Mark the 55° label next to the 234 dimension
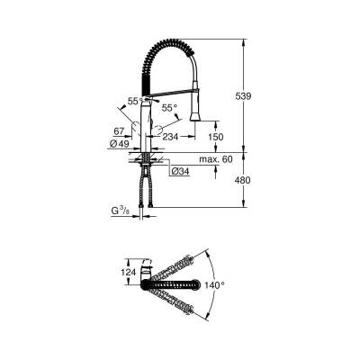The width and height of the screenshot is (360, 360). point(169,106)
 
